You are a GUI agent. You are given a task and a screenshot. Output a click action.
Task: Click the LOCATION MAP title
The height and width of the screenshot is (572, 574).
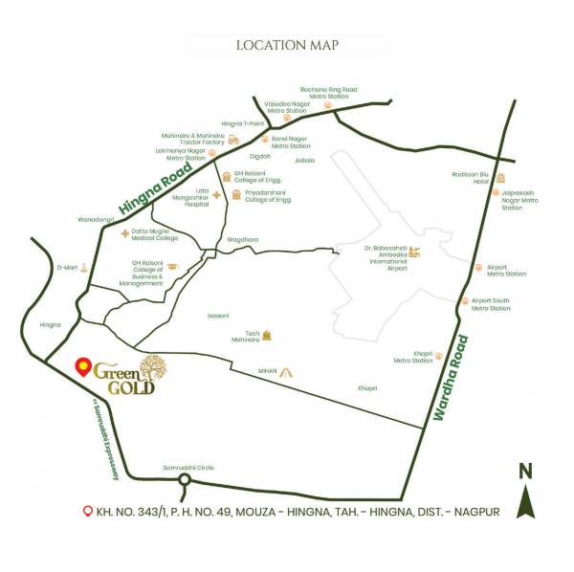287,45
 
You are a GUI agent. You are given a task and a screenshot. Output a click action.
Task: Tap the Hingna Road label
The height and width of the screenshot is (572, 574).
156,186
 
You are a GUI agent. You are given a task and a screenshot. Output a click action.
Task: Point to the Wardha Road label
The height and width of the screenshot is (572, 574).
453,379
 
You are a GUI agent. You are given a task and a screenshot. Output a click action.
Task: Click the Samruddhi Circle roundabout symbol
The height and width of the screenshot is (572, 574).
186,481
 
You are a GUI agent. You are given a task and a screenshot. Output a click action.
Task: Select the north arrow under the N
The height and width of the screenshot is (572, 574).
525,501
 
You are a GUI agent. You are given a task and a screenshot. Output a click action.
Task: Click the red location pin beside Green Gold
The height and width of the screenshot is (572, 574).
82,366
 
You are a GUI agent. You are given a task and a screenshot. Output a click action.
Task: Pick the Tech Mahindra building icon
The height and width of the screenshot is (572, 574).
268,336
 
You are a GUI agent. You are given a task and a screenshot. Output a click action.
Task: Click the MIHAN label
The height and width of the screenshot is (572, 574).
267,370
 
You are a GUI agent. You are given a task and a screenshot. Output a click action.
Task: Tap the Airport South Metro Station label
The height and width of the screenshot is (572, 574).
491,304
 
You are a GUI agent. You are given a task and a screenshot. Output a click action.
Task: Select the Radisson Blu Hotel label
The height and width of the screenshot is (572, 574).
470,177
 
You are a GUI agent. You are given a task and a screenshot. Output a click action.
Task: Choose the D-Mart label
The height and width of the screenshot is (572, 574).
66,268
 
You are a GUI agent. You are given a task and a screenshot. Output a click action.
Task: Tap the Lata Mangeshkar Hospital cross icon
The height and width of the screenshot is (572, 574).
217,195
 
